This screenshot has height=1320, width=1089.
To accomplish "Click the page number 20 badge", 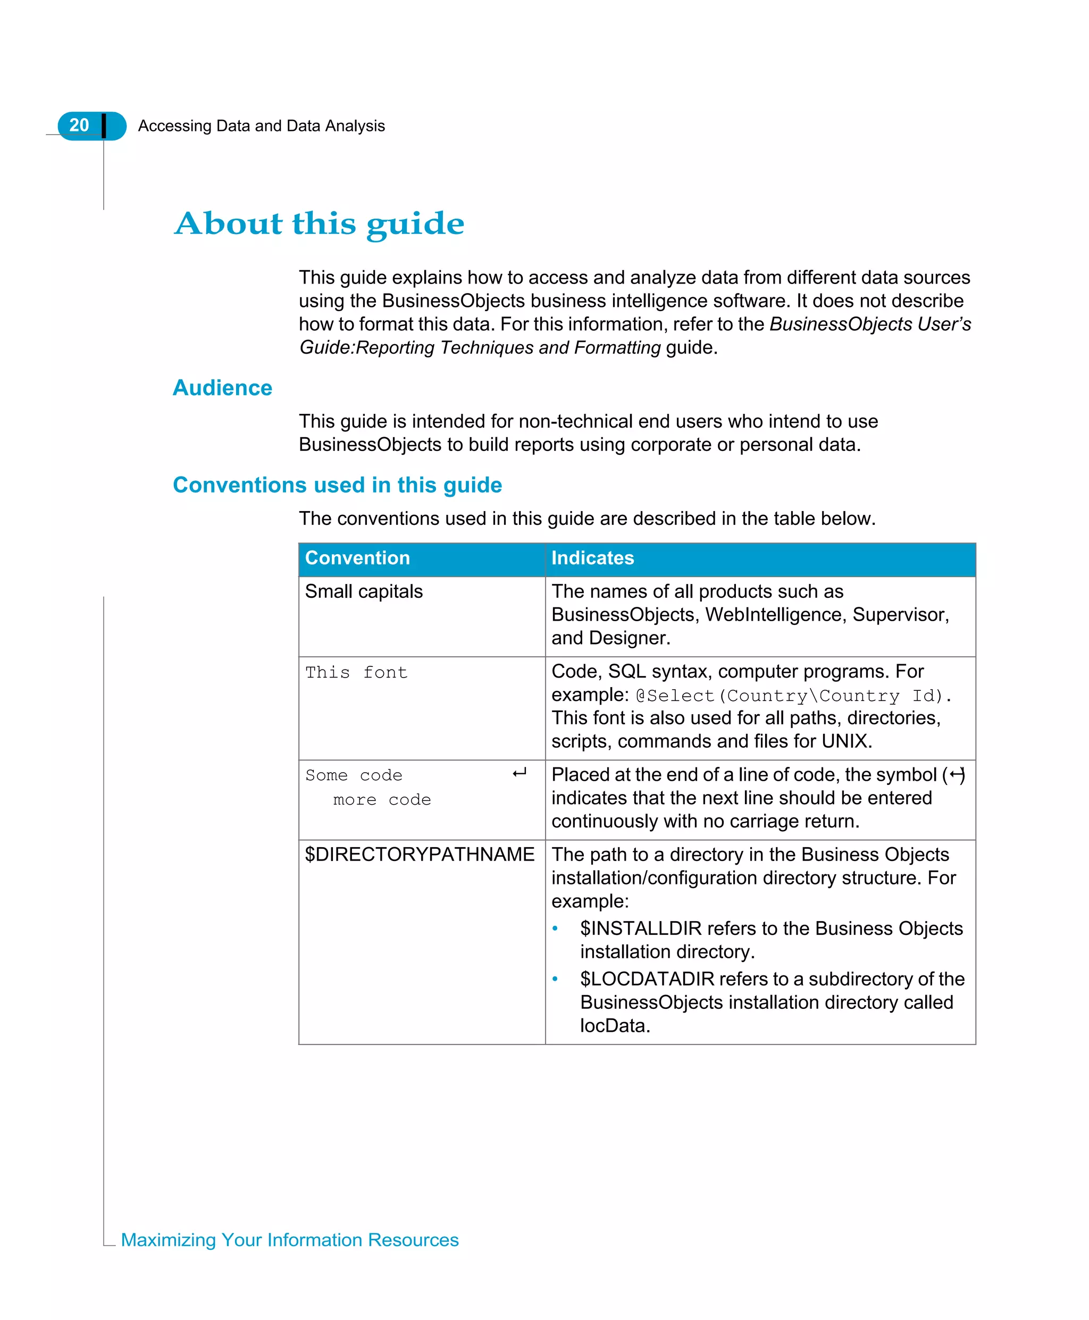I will [80, 126].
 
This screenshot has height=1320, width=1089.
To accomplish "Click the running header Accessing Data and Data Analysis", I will [261, 126].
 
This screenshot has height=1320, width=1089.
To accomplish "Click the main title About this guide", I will [319, 223].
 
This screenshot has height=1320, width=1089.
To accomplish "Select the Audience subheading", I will [222, 388].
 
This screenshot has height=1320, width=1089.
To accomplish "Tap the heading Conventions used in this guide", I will [337, 485].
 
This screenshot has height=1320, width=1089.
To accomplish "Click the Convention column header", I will [357, 558].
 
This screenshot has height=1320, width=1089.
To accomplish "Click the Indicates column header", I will [592, 558].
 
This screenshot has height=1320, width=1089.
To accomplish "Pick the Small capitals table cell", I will [364, 591].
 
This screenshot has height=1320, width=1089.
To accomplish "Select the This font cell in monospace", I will [356, 673].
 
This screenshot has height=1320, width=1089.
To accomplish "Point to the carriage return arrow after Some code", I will [520, 773].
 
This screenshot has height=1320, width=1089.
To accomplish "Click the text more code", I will [381, 800].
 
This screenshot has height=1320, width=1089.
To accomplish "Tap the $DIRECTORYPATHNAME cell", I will [419, 855].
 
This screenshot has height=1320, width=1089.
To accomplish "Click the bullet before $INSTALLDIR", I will [555, 928].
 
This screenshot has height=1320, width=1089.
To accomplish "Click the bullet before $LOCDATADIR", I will [555, 979].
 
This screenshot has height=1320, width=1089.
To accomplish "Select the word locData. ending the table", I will [615, 1026].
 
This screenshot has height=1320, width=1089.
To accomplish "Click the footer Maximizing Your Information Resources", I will [289, 1240].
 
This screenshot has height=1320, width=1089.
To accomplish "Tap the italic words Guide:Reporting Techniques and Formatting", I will [480, 348].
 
